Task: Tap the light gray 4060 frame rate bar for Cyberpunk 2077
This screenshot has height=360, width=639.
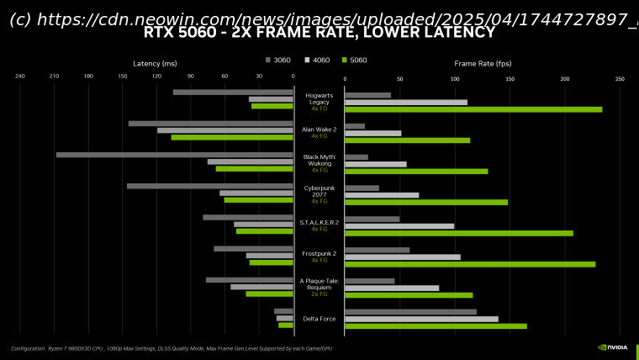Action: click(x=382, y=195)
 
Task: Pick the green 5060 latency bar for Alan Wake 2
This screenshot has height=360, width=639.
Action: click(x=232, y=137)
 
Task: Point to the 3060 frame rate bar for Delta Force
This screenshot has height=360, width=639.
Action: click(x=410, y=312)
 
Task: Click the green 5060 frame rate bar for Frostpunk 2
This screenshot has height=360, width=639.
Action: click(x=470, y=264)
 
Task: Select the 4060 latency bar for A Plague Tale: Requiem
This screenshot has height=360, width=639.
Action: click(x=261, y=287)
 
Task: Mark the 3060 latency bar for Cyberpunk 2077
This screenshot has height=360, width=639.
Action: click(x=210, y=186)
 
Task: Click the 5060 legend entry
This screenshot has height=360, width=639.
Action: click(x=354, y=61)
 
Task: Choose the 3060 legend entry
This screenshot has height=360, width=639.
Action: click(x=278, y=61)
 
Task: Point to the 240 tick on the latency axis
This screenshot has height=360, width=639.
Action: click(x=20, y=77)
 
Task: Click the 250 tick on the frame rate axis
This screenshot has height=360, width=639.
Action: click(x=620, y=79)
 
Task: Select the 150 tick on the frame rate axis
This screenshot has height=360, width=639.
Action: click(x=510, y=79)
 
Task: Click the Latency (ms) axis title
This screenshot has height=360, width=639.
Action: click(x=155, y=64)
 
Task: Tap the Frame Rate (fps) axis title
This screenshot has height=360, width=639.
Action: click(x=483, y=64)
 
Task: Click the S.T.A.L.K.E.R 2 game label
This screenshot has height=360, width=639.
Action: click(x=319, y=222)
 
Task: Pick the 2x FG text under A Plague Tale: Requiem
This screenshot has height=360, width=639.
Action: click(x=319, y=294)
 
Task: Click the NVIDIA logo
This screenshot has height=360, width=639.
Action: click(x=613, y=347)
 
